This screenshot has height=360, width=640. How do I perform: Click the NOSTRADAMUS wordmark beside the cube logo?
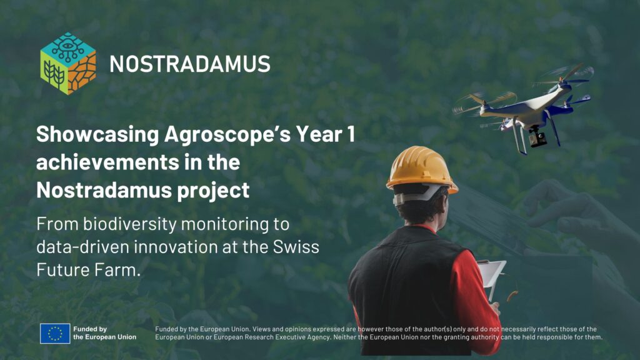click(190, 64)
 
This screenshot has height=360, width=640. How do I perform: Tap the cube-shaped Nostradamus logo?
click(68, 63)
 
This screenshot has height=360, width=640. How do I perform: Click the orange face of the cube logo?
click(82, 74)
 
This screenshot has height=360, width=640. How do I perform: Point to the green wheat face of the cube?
click(54, 74)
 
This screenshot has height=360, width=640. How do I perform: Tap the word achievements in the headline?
click(107, 162)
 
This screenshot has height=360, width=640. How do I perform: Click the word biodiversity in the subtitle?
click(130, 224)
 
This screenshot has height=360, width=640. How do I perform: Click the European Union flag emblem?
click(55, 334)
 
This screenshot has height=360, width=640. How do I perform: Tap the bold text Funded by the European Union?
click(105, 333)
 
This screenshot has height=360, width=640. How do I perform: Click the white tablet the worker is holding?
click(492, 276)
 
